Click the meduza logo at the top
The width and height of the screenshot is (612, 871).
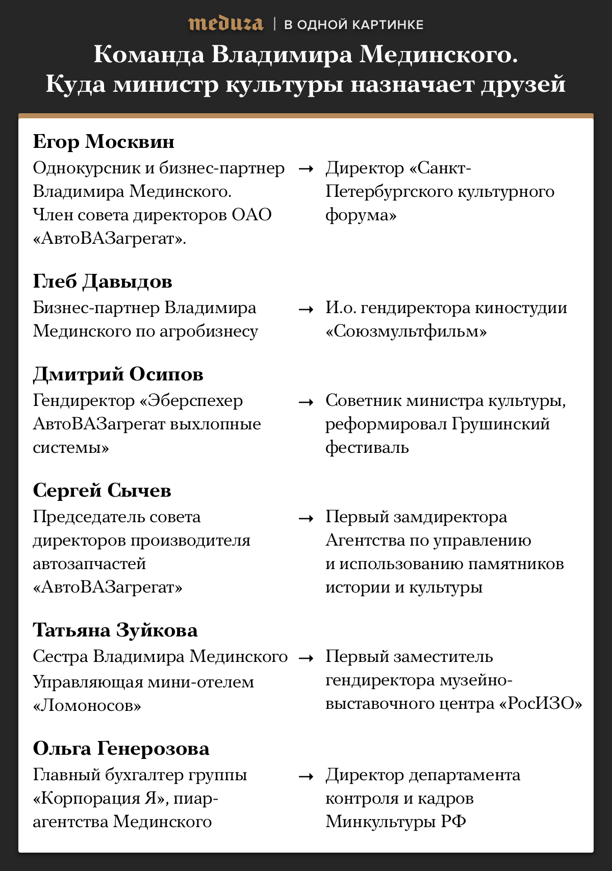(225, 24)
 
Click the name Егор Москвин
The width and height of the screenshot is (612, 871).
(104, 142)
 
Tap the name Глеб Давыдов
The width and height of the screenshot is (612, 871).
(103, 281)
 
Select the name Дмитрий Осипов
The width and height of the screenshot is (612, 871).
(118, 374)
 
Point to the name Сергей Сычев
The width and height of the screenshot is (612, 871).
(102, 491)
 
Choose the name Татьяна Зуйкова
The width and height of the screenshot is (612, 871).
(115, 630)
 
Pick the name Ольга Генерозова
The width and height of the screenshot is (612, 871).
(121, 749)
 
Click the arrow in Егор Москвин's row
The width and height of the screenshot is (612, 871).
(305, 169)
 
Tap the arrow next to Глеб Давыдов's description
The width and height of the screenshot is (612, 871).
(305, 309)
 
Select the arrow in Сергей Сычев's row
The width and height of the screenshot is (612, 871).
(305, 518)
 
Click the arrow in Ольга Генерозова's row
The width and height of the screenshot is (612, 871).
(305, 776)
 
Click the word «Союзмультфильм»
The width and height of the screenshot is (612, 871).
(406, 331)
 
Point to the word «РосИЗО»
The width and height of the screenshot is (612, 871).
(540, 704)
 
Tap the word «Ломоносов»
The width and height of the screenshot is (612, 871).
(87, 706)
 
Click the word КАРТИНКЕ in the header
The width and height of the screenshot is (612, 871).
(388, 24)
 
